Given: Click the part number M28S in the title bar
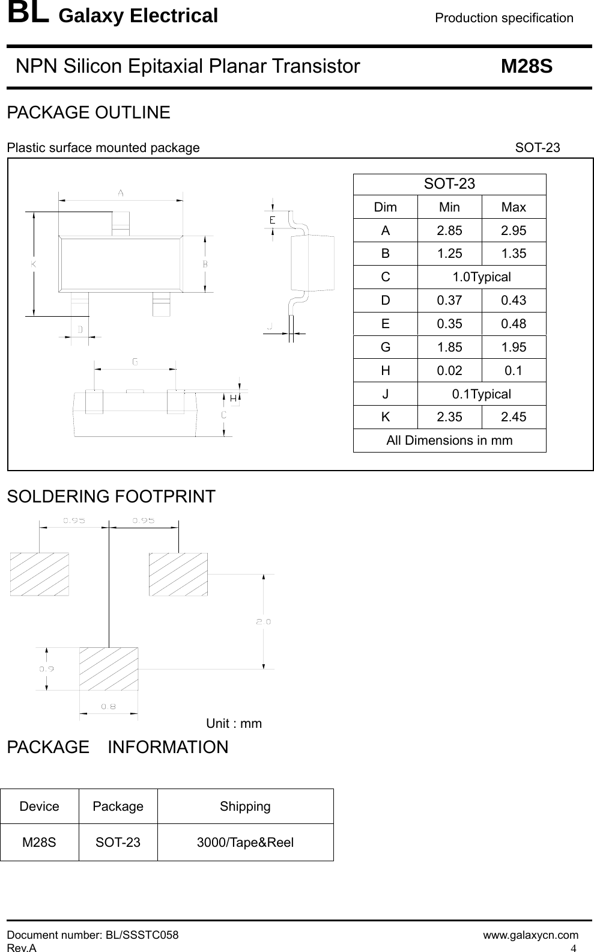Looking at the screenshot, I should point(526,66).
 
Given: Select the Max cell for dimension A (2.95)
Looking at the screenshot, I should point(514,230).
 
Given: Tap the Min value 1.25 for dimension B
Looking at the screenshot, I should point(449,254).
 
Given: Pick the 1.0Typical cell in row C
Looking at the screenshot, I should point(481,277).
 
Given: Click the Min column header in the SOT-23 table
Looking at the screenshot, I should point(449,207).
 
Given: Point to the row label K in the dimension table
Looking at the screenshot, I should point(385,417).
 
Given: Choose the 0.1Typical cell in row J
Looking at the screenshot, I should point(481,394).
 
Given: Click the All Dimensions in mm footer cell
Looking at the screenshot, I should point(449,441).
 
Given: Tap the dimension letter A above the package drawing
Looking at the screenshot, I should point(121,193).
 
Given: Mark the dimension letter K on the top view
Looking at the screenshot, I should point(34,263).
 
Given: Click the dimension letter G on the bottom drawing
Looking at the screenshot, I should point(135,362).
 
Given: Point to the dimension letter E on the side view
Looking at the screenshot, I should point(272,221).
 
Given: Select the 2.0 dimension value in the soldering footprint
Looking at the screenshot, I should point(264,621).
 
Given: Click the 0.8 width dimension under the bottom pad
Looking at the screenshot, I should point(109,706).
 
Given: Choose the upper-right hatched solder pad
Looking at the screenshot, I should point(178,574).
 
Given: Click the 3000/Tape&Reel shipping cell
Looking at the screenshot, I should point(245,843).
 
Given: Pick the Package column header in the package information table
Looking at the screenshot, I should point(118,807).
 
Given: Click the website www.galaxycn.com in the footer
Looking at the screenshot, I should point(531,935).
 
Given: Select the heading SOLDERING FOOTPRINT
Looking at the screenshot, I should point(111,497).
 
